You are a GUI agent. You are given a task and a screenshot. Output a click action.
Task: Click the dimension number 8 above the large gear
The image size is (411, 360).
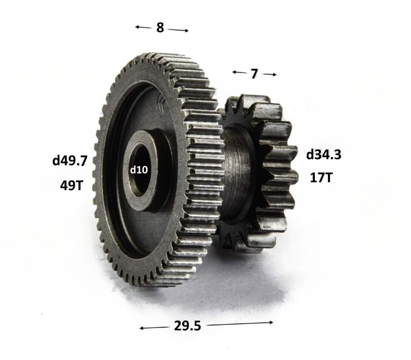pos(160,27)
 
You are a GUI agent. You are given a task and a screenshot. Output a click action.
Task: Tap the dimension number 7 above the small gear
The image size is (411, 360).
pos(254,74)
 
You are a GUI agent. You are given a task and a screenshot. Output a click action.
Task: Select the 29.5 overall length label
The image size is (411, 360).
pos(187,326)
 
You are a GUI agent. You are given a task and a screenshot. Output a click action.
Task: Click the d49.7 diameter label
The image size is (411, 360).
pos(69,161)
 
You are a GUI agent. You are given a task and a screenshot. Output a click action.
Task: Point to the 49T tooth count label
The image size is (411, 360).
pos(71,186)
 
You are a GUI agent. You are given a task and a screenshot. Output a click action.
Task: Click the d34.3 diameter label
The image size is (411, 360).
pos(324,155)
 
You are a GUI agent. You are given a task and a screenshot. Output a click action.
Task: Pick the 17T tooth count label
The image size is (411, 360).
pos(321,178)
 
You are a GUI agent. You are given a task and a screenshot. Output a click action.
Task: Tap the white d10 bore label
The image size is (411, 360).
pos(139,170)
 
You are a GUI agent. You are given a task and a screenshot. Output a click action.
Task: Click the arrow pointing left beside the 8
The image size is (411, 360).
pos(143,27)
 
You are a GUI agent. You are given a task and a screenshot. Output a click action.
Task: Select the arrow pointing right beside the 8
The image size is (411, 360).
pos(178,30)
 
